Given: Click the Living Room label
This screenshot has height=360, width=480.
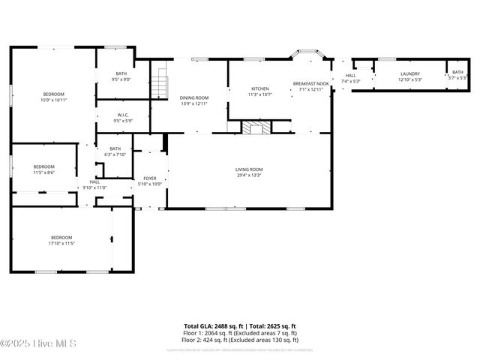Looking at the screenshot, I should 249,169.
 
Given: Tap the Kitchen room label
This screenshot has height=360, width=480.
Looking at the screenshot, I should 260,88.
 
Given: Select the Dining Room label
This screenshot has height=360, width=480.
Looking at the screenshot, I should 193,98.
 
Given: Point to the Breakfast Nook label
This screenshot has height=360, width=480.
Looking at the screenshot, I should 310,83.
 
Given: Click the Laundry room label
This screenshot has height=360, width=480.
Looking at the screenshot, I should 409,73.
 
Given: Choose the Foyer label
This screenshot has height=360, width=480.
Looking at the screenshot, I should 150,178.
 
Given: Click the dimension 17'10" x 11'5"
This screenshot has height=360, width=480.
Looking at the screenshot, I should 61,243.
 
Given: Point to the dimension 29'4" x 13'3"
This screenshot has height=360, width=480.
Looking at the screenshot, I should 249,175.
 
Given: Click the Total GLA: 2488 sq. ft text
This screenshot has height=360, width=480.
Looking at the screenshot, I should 211,326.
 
